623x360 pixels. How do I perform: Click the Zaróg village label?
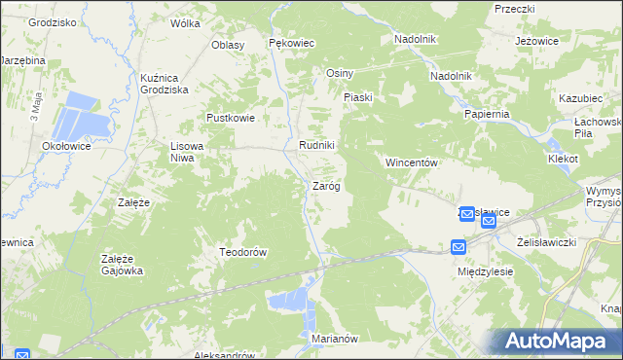tap(325, 186)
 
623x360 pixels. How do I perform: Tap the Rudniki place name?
tap(316, 147)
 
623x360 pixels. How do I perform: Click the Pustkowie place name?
tap(230, 118)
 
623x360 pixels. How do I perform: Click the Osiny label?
tap(340, 74)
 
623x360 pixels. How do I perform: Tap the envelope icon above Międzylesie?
tap(459, 248)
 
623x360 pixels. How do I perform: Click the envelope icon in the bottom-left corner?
tap(22, 355)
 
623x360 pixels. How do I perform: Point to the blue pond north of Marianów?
tap(290, 302)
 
